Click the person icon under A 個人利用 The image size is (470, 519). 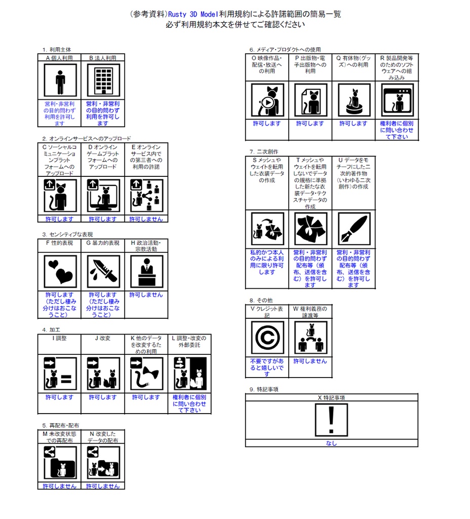60,81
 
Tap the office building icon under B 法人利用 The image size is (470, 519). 103,81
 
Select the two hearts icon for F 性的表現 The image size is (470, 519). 60,272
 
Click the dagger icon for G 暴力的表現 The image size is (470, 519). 103,272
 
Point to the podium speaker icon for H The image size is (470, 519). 147,272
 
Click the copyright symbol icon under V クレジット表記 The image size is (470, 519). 267,338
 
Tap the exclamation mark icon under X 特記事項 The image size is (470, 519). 331,420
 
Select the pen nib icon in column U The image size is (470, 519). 354,229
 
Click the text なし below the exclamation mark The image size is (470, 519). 331,443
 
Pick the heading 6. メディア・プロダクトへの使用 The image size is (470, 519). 285,50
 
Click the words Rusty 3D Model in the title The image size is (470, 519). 193,14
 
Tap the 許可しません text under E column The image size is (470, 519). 146,219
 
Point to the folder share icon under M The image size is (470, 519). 60,462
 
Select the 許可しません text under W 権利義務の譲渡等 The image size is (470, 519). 310,361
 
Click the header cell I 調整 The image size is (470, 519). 60,338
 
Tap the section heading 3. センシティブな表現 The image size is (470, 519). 67,234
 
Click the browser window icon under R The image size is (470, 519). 397,100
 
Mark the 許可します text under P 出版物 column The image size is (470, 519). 310,124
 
